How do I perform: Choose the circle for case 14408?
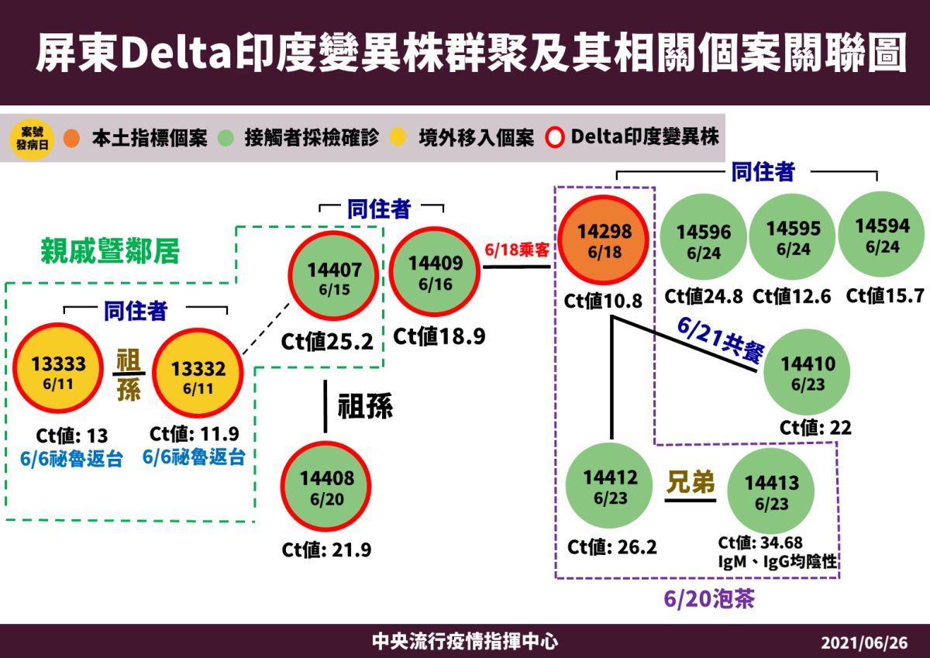(326, 486)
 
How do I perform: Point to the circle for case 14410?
(807, 372)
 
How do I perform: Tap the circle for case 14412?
(610, 486)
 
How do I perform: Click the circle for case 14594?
(882, 234)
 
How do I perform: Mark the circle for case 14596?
(703, 239)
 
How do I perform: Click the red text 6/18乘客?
(517, 250)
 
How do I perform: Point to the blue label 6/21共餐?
(720, 342)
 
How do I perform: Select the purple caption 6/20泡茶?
(708, 599)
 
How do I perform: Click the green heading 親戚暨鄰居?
(110, 251)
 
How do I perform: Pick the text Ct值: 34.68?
(760, 542)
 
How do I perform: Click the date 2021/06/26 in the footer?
(863, 643)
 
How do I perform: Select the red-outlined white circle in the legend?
(556, 139)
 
